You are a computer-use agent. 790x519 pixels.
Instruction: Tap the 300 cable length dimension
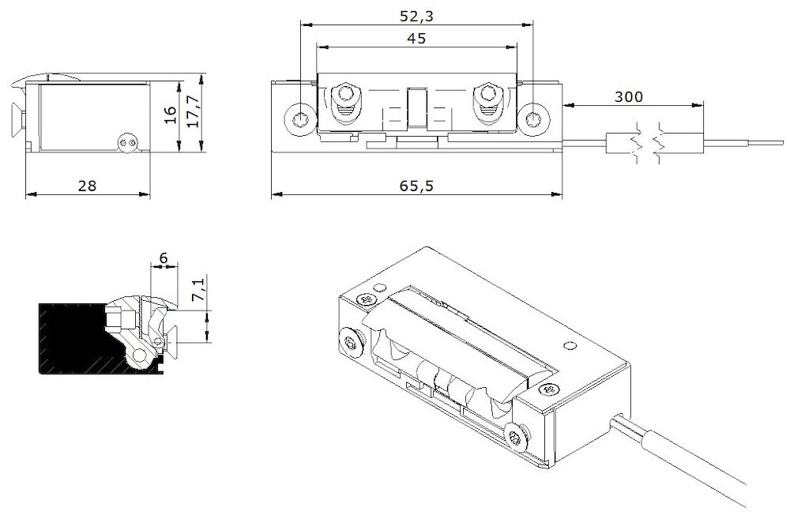629,96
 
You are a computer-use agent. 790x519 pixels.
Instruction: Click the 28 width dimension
87,186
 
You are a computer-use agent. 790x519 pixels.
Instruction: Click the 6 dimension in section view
164,258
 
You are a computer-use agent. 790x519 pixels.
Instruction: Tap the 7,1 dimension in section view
199,290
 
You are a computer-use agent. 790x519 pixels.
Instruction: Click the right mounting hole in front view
536,120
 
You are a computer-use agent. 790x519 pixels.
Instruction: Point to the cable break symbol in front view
648,144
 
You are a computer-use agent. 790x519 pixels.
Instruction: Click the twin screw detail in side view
126,143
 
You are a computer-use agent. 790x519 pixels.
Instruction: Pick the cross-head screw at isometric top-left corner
365,299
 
